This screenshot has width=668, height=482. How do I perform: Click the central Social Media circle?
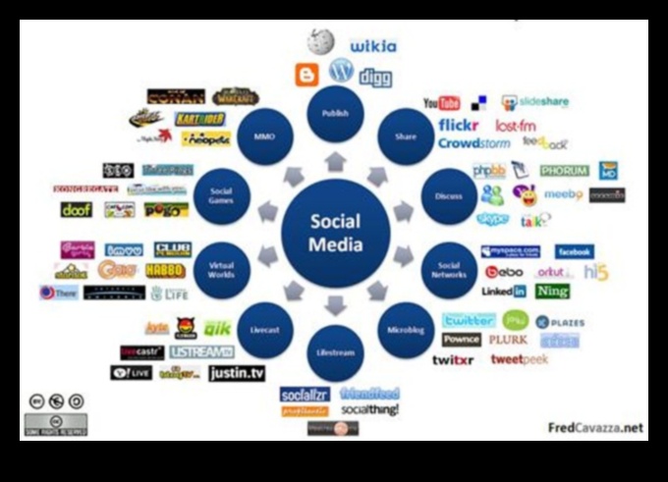(335, 233)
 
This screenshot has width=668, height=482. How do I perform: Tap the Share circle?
(406, 137)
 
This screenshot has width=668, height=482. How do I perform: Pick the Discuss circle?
(448, 196)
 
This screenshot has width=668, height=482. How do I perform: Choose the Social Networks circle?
(449, 268)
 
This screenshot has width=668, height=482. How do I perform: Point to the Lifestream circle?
(335, 352)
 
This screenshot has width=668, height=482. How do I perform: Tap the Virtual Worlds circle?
(222, 268)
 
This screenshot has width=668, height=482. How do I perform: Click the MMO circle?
(264, 137)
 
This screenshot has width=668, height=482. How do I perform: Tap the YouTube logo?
(442, 103)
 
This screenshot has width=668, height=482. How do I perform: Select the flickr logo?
(458, 125)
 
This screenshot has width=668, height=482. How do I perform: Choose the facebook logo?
(574, 251)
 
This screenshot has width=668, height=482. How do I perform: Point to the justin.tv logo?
(237, 373)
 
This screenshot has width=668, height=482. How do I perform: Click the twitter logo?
(469, 320)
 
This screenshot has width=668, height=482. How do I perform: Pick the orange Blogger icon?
(307, 75)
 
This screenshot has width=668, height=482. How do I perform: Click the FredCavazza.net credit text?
(595, 427)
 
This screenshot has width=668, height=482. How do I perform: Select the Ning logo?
(552, 292)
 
